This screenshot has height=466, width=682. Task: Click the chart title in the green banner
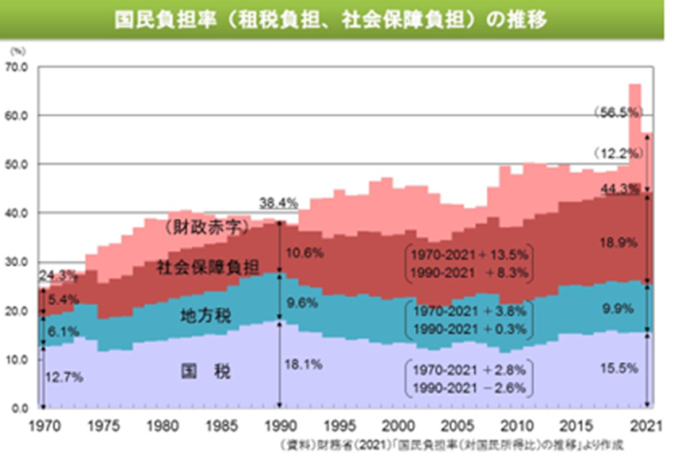[340, 18]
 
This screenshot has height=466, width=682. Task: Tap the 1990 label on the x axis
[278, 423]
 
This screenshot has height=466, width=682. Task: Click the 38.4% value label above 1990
[279, 203]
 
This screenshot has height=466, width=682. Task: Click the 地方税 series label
[205, 315]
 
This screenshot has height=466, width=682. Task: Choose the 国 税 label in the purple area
[205, 370]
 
